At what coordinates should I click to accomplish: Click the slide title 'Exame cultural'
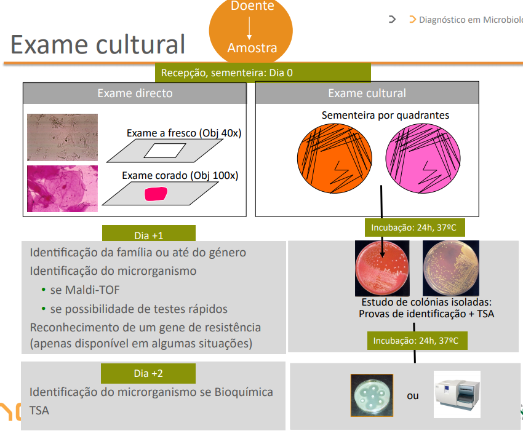(x=98, y=44)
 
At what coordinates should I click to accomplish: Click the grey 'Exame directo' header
(x=135, y=93)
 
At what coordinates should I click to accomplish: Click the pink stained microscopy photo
(x=62, y=188)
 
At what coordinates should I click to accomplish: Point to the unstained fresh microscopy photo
(x=62, y=137)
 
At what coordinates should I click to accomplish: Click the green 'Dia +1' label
(x=148, y=235)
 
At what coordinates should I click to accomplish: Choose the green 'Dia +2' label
(x=148, y=373)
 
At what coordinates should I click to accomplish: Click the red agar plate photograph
(x=383, y=269)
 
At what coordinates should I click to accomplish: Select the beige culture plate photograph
(x=450, y=269)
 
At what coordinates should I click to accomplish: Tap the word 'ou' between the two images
(x=413, y=395)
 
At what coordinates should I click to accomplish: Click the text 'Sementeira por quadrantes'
(x=385, y=115)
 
